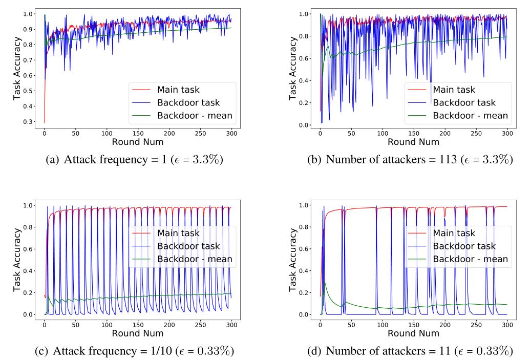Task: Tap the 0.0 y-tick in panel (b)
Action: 305,125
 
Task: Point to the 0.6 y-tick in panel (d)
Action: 305,249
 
